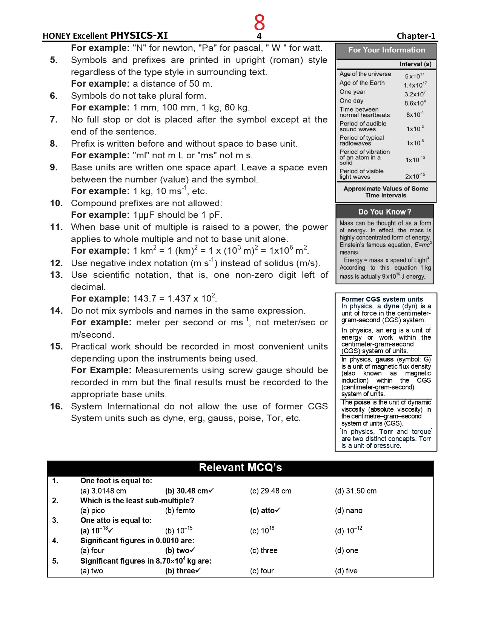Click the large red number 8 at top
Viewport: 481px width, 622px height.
[x=259, y=22]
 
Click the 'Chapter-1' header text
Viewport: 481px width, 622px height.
[x=416, y=36]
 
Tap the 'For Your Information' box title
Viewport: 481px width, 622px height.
[x=386, y=50]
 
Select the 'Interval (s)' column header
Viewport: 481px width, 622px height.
[x=415, y=64]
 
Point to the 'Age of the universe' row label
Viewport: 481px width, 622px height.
[x=365, y=74]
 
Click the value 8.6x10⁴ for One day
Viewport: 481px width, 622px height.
[x=415, y=103]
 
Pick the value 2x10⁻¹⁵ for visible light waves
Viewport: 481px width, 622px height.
[x=415, y=176]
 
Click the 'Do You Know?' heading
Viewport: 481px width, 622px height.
[x=384, y=212]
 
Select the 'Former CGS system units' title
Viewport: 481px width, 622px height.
[x=382, y=299]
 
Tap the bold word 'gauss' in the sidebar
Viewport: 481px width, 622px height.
[x=384, y=359]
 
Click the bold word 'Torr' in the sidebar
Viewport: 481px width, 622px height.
[x=386, y=432]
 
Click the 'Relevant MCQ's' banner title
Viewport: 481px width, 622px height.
[x=240, y=467]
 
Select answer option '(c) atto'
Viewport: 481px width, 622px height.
[x=265, y=510]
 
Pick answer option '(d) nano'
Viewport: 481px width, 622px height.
[x=349, y=510]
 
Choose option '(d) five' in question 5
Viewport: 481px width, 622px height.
[x=346, y=571]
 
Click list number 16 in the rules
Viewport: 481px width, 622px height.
[x=56, y=406]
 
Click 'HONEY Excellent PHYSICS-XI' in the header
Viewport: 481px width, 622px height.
[x=105, y=36]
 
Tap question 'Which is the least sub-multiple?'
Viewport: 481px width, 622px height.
[x=137, y=501]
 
